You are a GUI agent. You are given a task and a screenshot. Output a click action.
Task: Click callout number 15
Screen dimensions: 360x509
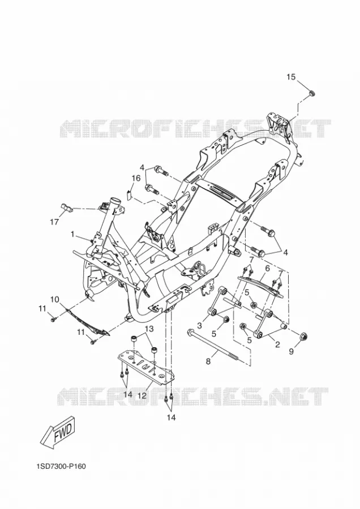click(x=291, y=77)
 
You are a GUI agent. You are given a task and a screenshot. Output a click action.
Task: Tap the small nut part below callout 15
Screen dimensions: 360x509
click(x=311, y=93)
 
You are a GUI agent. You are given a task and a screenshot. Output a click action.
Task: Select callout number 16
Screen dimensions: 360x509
click(x=136, y=178)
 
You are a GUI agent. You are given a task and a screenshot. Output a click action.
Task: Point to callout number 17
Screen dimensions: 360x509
click(x=54, y=222)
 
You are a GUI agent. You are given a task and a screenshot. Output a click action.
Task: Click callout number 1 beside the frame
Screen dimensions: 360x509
click(x=73, y=234)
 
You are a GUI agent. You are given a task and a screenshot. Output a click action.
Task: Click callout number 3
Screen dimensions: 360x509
click(x=199, y=325)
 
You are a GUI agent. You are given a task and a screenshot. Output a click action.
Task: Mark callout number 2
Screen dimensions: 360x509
click(x=277, y=345)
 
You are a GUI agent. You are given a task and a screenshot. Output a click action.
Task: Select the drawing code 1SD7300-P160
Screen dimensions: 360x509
click(x=61, y=466)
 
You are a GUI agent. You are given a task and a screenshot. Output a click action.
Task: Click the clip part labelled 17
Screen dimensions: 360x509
click(x=67, y=207)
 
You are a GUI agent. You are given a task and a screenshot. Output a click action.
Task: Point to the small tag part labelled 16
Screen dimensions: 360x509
click(x=128, y=194)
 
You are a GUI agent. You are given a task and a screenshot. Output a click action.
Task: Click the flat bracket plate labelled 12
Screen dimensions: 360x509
click(x=147, y=367)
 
